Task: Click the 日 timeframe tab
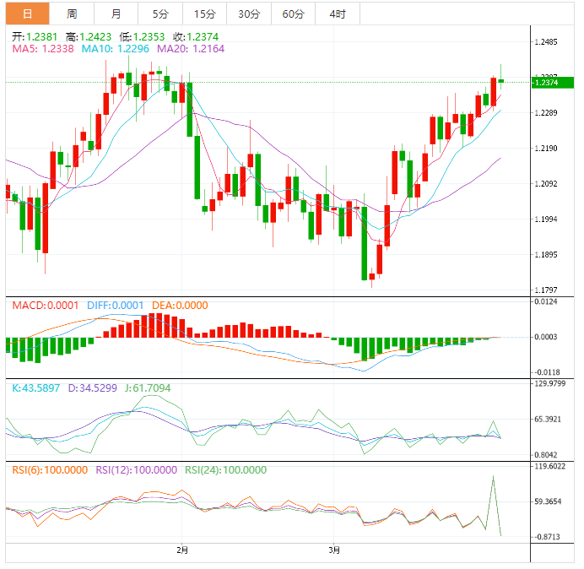point(28,14)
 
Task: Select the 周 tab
point(73,14)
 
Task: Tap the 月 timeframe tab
point(116,14)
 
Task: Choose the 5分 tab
point(160,14)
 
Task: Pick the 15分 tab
point(204,14)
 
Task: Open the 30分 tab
point(249,14)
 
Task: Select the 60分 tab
point(294,14)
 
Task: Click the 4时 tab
point(338,14)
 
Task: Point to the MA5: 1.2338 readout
point(42,50)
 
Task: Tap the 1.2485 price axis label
point(549,42)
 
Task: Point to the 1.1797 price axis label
point(549,290)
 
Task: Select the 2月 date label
point(182,551)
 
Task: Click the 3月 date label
point(335,551)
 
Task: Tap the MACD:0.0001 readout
point(43,306)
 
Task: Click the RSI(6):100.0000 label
point(50,470)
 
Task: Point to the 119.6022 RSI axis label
point(552,466)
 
